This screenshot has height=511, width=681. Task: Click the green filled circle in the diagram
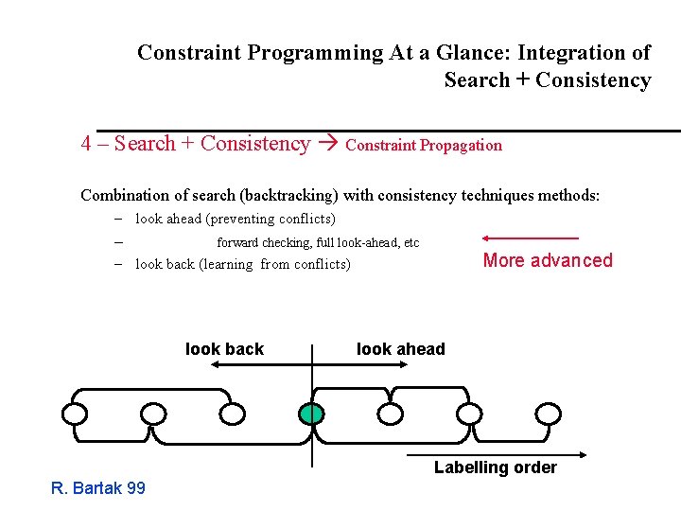pyautogui.click(x=310, y=414)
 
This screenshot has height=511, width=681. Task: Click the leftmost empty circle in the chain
pyautogui.click(x=75, y=414)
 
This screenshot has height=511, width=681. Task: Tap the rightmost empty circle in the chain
pyautogui.click(x=549, y=414)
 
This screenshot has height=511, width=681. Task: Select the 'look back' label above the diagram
pyautogui.click(x=224, y=349)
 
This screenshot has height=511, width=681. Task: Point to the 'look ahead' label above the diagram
pyautogui.click(x=400, y=349)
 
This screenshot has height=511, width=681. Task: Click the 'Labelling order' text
pyautogui.click(x=495, y=467)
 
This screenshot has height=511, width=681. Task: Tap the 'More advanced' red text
pyautogui.click(x=548, y=260)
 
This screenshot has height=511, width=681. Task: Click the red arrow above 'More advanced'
pyautogui.click(x=530, y=238)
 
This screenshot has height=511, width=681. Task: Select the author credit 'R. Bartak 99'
pyautogui.click(x=98, y=488)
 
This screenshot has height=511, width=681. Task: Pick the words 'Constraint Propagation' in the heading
pyautogui.click(x=424, y=145)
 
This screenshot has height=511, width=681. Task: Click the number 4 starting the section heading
pyautogui.click(x=86, y=144)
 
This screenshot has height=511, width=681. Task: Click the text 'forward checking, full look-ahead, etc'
pyautogui.click(x=318, y=243)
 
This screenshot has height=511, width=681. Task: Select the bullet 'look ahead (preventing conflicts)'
pyautogui.click(x=235, y=219)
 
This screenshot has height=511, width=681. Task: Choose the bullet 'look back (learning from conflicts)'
pyautogui.click(x=242, y=264)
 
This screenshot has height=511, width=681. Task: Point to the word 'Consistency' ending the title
pyautogui.click(x=593, y=80)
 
